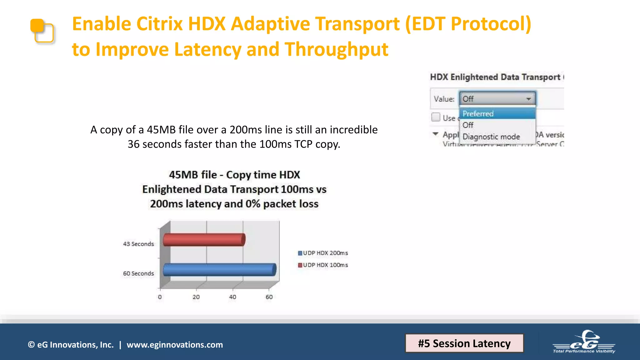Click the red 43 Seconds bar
tap(204, 240)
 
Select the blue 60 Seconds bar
tap(219, 269)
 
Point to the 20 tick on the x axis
tap(196, 297)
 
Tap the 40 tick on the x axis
tap(232, 297)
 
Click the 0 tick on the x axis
tap(160, 297)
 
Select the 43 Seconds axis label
tap(138, 244)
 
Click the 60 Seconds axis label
tap(138, 273)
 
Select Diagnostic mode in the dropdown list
tap(491, 137)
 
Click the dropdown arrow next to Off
tap(528, 99)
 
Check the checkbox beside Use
tap(436, 117)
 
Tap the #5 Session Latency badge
tap(464, 343)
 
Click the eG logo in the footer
tap(584, 342)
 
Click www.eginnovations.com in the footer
tap(175, 345)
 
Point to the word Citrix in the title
tap(159, 24)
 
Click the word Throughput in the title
tap(336, 49)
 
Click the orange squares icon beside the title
tap(42, 31)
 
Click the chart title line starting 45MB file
tap(234, 175)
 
